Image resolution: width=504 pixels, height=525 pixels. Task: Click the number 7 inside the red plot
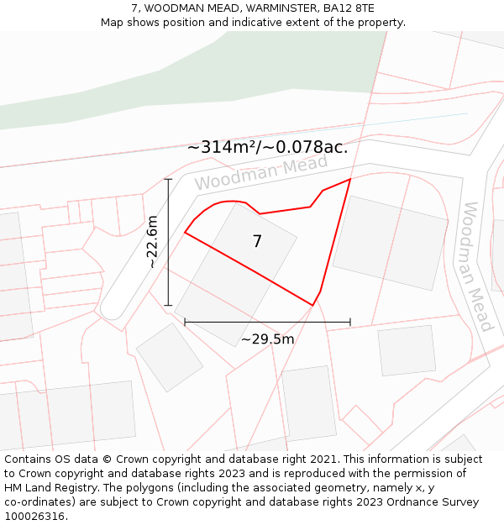point(257,242)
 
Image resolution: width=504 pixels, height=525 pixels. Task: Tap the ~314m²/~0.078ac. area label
point(267,148)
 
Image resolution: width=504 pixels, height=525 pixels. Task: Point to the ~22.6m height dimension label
point(151,242)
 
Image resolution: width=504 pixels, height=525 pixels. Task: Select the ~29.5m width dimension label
point(267,339)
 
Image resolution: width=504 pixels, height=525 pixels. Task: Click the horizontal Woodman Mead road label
point(260,171)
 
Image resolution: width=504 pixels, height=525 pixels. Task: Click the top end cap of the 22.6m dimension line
point(168,179)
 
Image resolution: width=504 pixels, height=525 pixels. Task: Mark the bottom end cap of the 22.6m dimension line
point(168,305)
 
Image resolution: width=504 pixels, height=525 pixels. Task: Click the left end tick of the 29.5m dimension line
point(185,322)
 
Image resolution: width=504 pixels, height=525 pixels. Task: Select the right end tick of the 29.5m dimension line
point(350,322)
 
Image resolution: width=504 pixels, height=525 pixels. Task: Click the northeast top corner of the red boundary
point(349,179)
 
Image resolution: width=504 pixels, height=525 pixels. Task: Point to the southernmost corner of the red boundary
point(312,305)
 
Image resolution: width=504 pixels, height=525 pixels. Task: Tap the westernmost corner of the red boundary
point(185,233)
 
